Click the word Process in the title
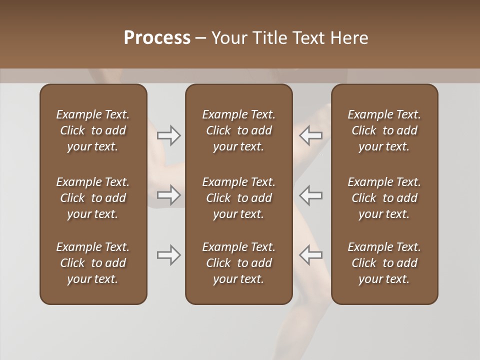click(157, 38)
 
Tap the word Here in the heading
click(349, 38)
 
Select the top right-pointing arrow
click(169, 135)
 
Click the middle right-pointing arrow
click(169, 195)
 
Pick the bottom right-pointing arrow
click(169, 255)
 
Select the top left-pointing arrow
click(310, 135)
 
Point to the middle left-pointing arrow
click(310, 195)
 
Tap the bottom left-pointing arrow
click(310, 255)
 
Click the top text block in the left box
click(93, 130)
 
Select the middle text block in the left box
click(93, 198)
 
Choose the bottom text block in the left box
click(93, 263)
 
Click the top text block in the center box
click(239, 130)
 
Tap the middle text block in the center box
click(239, 198)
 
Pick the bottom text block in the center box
click(239, 263)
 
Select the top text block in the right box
click(384, 130)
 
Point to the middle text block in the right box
click(384, 198)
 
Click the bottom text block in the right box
click(384, 263)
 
